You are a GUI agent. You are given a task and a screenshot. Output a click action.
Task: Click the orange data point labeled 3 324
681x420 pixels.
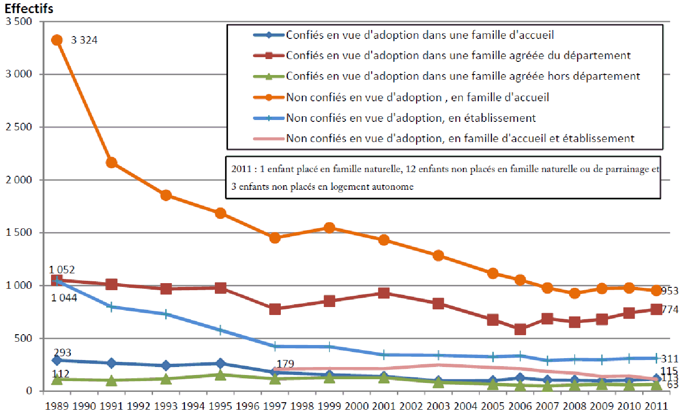57,40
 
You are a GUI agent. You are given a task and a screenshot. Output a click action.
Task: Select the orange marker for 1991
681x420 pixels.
111,163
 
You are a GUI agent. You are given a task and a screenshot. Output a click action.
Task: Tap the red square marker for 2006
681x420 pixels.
520,329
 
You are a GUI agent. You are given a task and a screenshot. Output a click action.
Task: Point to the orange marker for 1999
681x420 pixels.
330,228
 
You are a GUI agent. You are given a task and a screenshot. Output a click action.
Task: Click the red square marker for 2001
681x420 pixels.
384,293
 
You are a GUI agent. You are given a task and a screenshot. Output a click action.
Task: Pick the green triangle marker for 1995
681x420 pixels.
220,375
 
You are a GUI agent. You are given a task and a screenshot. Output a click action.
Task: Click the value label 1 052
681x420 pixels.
62,270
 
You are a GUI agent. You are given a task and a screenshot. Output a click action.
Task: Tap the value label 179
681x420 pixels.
285,364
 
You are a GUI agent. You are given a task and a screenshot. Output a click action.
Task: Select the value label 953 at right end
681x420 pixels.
670,291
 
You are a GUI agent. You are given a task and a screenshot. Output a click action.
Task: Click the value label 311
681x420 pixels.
670,359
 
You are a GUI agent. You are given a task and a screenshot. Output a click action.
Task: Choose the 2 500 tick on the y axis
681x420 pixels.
19,127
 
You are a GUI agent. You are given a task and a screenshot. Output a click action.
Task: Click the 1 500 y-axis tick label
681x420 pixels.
19,232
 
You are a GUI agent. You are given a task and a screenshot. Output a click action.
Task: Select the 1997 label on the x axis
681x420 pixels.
275,406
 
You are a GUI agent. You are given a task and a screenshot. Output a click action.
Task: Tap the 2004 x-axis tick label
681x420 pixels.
465,406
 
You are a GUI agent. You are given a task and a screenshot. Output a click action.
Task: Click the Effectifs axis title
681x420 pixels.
29,8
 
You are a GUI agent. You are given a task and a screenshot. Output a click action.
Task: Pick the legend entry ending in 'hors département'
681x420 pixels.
462,76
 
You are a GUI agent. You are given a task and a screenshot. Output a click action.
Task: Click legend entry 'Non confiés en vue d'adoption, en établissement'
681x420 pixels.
410,118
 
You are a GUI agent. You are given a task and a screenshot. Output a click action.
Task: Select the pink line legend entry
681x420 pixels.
460,138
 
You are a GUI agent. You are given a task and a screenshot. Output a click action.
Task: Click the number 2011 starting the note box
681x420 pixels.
241,169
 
